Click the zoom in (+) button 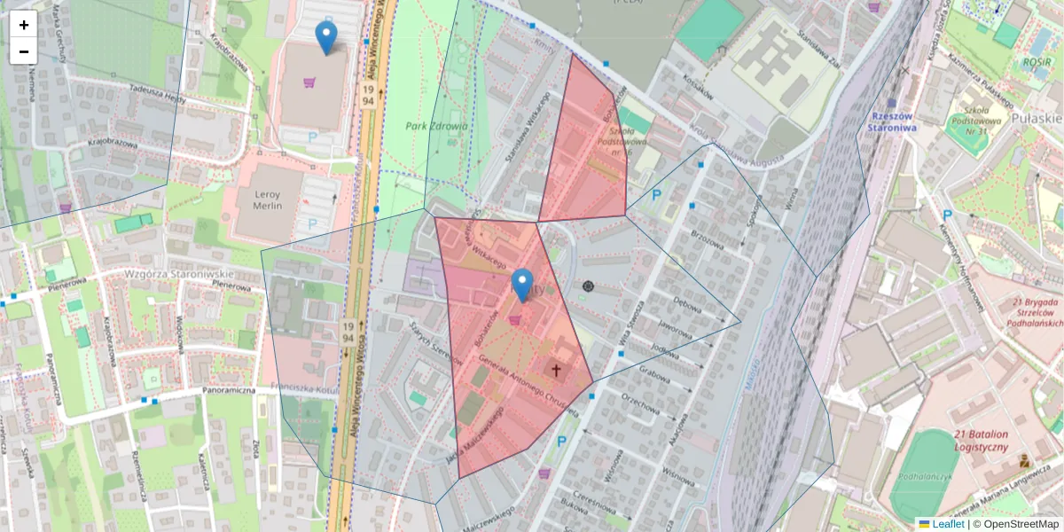pyautogui.click(x=24, y=25)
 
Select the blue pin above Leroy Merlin pyautogui.click(x=326, y=38)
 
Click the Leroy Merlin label pyautogui.click(x=260, y=199)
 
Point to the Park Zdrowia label pyautogui.click(x=436, y=126)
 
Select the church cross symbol pyautogui.click(x=557, y=370)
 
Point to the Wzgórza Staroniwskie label pyautogui.click(x=179, y=275)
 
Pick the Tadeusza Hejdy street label pyautogui.click(x=158, y=94)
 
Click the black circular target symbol pyautogui.click(x=589, y=286)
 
